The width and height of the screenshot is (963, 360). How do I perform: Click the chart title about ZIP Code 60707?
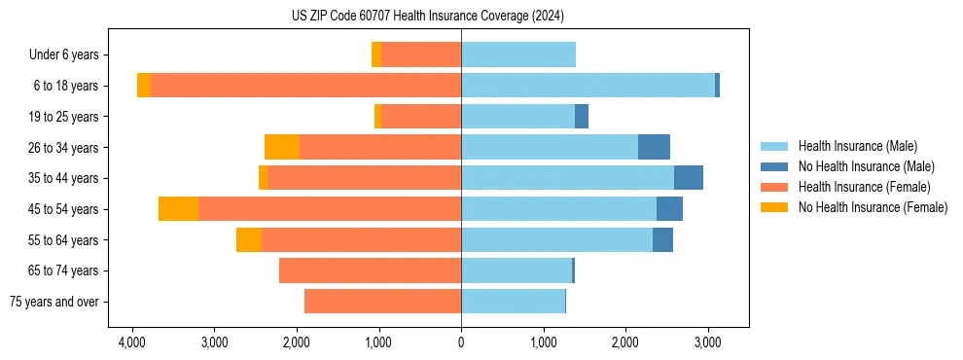tap(427, 16)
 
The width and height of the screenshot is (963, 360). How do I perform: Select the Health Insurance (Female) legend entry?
tap(865, 187)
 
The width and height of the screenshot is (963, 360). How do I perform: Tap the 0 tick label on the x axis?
tap(461, 342)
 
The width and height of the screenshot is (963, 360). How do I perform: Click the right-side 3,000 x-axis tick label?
tap(707, 342)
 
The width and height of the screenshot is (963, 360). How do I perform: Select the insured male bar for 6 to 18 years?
tap(588, 86)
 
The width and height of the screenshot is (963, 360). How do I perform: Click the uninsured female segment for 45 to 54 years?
tap(178, 209)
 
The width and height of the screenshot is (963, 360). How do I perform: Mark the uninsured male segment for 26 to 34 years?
tap(654, 147)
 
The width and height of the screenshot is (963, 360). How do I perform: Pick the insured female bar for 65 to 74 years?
tap(370, 270)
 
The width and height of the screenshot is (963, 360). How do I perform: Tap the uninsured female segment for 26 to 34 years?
tap(282, 147)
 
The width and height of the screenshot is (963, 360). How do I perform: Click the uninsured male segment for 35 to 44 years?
tap(688, 178)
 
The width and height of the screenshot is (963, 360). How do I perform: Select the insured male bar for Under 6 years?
tap(518, 55)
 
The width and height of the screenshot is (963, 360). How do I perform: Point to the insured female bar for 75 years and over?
tap(382, 302)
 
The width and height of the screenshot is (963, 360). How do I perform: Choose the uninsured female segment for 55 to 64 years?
tap(249, 240)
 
